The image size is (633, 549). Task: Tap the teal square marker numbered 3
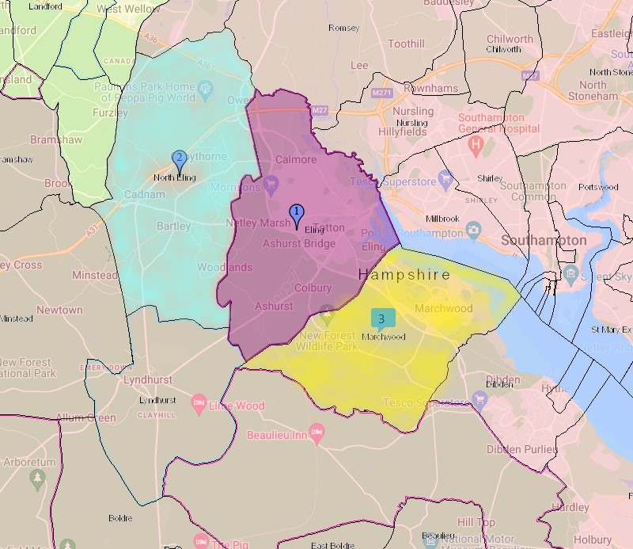click(382, 318)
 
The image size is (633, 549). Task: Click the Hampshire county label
click(404, 274)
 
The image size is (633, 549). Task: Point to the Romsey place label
click(343, 28)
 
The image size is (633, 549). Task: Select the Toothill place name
click(407, 44)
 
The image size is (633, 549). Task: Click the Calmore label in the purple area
click(296, 159)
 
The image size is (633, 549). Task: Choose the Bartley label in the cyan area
click(173, 226)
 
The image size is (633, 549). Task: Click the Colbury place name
click(313, 288)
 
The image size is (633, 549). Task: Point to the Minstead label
click(94, 275)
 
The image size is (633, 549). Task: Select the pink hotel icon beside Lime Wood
click(199, 405)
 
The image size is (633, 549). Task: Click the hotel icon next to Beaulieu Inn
click(318, 433)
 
